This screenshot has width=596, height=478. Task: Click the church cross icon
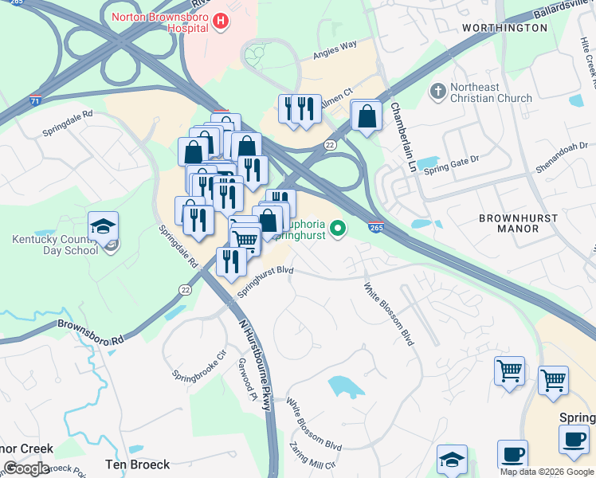(437, 92)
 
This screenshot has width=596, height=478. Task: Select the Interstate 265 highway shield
(378, 227)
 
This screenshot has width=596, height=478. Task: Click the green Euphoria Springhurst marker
(339, 230)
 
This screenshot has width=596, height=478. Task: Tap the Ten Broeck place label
(138, 464)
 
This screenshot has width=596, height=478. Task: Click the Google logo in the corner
(26, 468)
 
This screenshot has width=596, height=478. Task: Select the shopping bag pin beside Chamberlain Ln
(366, 116)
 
